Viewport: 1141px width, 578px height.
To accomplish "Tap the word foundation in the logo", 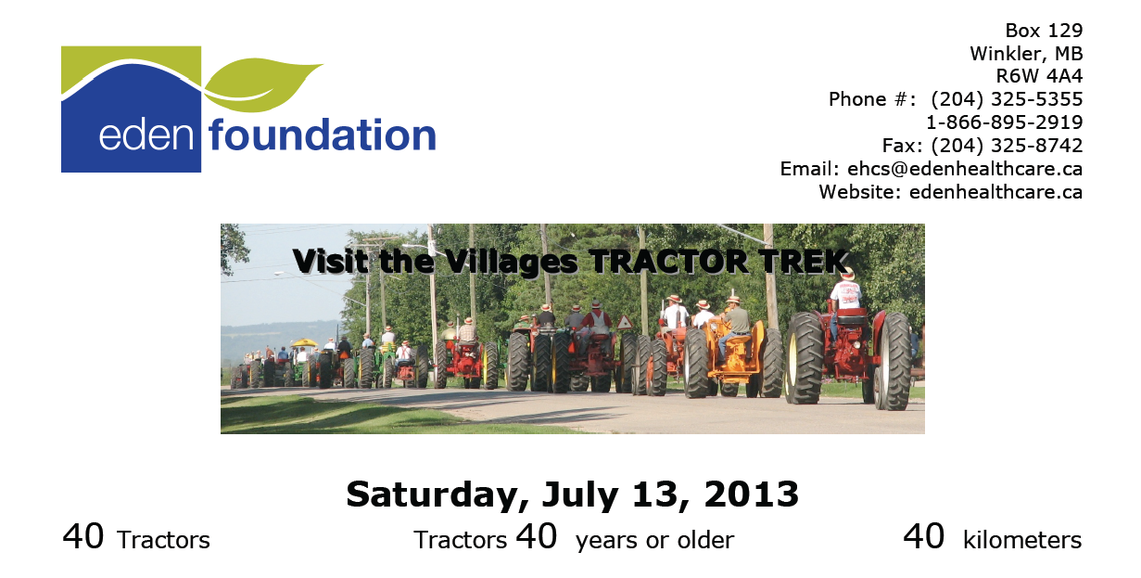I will [323, 135].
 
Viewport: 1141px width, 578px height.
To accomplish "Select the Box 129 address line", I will [1044, 31].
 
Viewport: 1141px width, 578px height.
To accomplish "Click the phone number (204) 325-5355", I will [1007, 99].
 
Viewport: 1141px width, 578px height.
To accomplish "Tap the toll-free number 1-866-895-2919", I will [1004, 122].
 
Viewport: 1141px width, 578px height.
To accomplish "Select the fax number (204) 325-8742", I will [1007, 146].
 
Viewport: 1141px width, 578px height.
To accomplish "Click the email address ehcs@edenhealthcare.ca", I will [964, 169].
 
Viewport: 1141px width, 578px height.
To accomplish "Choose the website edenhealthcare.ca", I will [995, 192].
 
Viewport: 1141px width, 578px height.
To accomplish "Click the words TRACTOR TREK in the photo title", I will [719, 261].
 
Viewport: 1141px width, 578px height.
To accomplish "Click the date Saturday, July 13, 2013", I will [572, 495].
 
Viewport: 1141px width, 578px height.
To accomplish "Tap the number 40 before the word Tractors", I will [83, 537].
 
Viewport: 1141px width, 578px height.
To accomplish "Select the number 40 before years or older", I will [536, 537].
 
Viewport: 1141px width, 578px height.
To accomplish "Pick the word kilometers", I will [1021, 540].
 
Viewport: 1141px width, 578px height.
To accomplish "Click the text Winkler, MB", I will [1026, 53].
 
